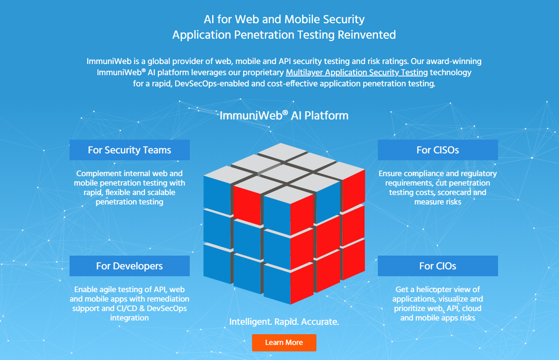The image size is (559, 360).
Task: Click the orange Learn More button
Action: pos(284,342)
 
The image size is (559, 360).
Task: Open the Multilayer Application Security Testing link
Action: pos(357,73)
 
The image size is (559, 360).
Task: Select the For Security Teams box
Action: pos(130,150)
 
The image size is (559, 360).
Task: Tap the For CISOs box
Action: pos(438,150)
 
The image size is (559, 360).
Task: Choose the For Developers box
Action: pos(130,266)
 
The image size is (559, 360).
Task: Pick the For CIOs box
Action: pos(438,266)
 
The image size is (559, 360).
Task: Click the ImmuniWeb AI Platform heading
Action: pos(284,115)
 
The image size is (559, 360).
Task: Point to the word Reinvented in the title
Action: pos(367,35)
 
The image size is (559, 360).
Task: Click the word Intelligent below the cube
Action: pos(251,322)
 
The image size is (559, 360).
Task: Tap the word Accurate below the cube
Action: pos(320,322)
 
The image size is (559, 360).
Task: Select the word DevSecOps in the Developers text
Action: pos(167,308)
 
